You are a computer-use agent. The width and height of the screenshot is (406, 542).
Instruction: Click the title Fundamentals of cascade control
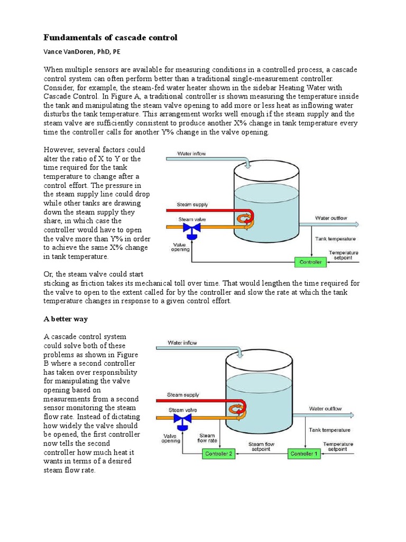(110, 38)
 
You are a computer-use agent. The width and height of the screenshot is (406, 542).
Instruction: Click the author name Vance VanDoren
(85, 53)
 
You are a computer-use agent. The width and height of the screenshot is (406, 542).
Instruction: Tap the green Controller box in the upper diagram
(310, 261)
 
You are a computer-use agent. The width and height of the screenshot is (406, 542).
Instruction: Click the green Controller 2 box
(217, 454)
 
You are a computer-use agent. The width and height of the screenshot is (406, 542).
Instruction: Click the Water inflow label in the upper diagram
(191, 154)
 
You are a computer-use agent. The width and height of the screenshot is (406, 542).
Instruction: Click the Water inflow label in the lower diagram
(182, 343)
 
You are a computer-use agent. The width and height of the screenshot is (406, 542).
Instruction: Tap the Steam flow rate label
(207, 437)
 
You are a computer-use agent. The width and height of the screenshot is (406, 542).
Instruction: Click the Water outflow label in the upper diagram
(331, 218)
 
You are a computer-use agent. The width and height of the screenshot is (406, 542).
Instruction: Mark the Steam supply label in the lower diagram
(183, 395)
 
